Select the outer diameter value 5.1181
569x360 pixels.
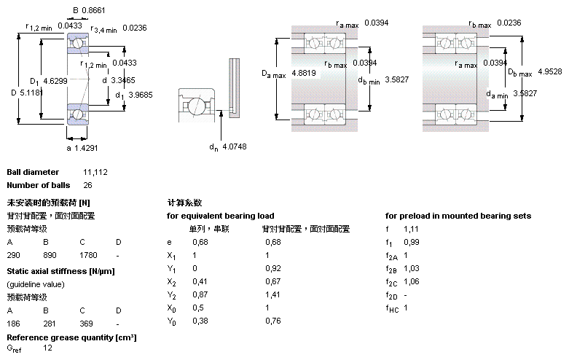coord(31,93)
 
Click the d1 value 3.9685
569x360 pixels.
coord(141,95)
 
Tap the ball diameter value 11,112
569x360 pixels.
coord(95,172)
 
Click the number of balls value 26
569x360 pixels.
coord(88,185)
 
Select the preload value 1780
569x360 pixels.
coord(88,256)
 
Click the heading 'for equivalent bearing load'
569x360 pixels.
coord(220,216)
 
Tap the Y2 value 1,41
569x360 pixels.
coord(272,295)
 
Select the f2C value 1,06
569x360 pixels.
coord(411,282)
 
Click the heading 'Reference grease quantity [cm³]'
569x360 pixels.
coord(71,337)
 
